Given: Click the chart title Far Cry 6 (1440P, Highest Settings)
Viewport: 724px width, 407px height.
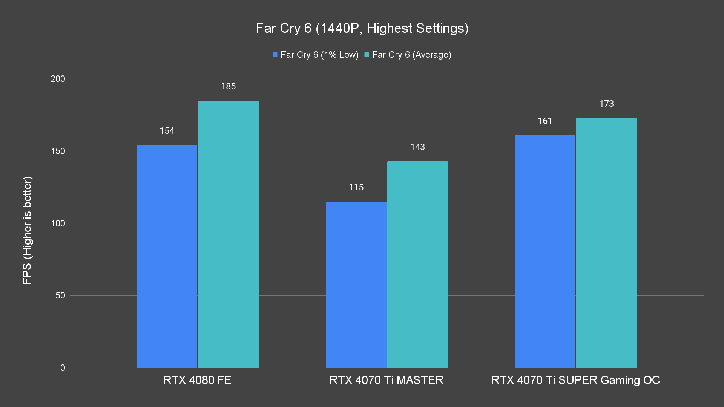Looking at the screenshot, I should [x=362, y=28].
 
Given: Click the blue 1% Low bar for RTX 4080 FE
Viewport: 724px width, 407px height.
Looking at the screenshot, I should [x=167, y=256].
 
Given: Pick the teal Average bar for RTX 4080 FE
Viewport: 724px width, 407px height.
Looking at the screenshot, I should [x=228, y=234].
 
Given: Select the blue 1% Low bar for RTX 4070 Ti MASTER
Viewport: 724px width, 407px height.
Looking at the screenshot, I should [x=356, y=285].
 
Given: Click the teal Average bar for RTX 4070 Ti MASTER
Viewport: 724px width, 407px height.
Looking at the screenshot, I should [x=417, y=264].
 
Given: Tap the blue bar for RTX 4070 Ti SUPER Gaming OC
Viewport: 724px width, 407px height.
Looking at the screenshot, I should [x=545, y=251].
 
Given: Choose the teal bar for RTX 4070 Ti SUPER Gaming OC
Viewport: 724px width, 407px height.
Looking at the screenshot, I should [x=606, y=243].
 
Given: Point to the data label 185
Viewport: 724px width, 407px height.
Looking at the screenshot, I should [x=228, y=87].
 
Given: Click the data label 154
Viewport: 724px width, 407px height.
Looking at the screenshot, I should [x=167, y=131].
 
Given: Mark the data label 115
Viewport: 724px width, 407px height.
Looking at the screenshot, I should [x=356, y=187].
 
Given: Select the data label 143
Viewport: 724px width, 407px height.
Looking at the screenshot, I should [x=417, y=147].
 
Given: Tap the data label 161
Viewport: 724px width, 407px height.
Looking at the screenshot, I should [x=545, y=121].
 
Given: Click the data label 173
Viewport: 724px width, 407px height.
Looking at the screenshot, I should [x=606, y=104].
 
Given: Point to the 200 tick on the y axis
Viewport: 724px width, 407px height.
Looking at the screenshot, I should [x=58, y=79].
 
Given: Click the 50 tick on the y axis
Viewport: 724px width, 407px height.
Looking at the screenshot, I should [x=60, y=295].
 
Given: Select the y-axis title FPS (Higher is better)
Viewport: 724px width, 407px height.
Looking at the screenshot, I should [x=27, y=230].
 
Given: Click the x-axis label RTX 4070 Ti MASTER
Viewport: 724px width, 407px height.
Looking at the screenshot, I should [x=387, y=380].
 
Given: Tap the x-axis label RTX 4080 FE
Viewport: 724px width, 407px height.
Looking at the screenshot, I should [x=197, y=380].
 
